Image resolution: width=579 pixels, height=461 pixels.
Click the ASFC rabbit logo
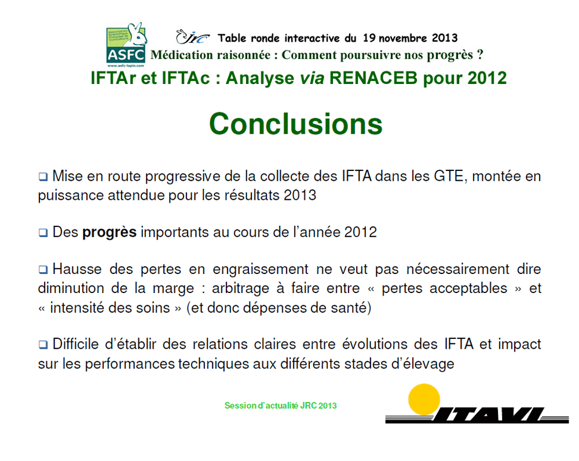point(126,45)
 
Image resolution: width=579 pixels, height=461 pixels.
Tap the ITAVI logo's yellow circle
point(424,399)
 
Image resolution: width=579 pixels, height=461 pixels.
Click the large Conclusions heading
point(296,124)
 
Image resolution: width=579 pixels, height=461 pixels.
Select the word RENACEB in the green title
point(373,78)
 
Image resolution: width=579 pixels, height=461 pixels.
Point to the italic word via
point(312,78)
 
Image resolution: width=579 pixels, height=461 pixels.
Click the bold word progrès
point(109,233)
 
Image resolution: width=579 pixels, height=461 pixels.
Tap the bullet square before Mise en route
point(43,177)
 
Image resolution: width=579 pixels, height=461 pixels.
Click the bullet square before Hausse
point(43,270)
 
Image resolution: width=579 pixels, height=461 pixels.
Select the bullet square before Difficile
point(43,345)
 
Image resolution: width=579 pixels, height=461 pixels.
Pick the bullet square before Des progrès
point(43,233)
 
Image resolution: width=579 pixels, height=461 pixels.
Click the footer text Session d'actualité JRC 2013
point(281,405)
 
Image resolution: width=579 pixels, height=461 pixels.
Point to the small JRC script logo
point(192,37)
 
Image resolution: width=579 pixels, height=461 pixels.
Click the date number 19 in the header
point(369,38)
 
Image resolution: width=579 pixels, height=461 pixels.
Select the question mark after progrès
point(480,54)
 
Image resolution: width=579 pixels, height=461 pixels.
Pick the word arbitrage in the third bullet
point(240,289)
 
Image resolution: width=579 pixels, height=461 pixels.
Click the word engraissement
point(261,270)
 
